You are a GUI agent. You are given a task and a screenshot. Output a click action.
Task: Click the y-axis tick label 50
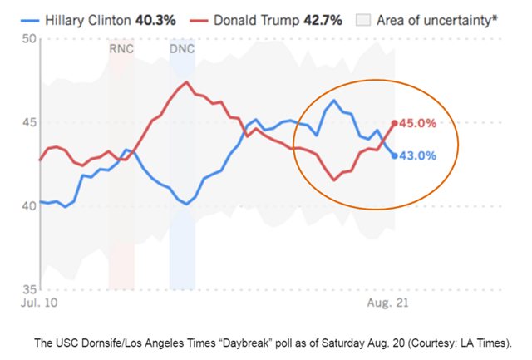pos(29,39)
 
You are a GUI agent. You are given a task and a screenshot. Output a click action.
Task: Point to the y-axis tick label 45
pos(29,122)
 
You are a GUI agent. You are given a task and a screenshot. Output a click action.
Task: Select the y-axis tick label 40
pos(29,206)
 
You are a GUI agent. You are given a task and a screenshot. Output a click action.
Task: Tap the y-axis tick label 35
pos(29,289)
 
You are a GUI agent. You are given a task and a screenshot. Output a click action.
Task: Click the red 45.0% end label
pos(418,123)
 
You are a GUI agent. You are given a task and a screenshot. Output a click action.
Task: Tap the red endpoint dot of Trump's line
pos(394,123)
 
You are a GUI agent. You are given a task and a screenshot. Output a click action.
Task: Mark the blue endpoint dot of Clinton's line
pos(394,155)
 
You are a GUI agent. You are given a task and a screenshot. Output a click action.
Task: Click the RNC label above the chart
pos(121,49)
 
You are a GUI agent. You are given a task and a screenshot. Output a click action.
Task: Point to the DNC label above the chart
pos(182,49)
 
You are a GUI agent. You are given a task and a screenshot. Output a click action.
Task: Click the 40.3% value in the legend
pos(156,18)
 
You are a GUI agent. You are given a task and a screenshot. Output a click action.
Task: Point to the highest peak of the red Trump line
pos(188,82)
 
